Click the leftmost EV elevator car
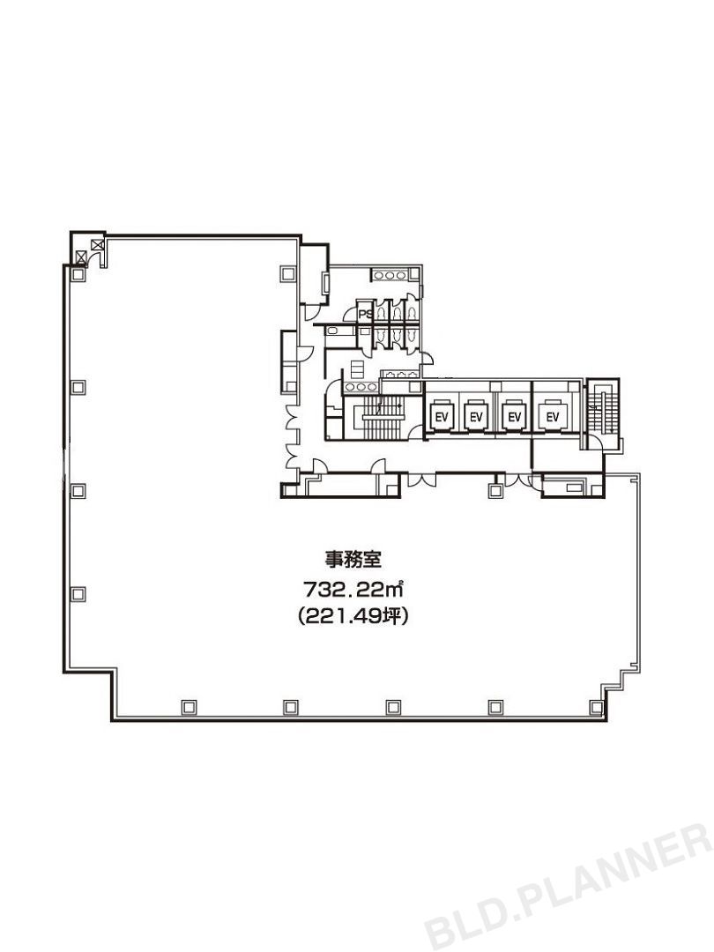pyautogui.click(x=439, y=415)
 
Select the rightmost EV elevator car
pyautogui.click(x=554, y=415)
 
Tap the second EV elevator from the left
pyautogui.click(x=476, y=415)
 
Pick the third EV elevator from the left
pyautogui.click(x=514, y=415)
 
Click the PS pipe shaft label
pyautogui.click(x=363, y=313)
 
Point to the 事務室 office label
pyautogui.click(x=350, y=558)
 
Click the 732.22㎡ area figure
pyautogui.click(x=353, y=587)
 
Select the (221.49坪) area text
pyautogui.click(x=352, y=617)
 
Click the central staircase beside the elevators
pyautogui.click(x=378, y=419)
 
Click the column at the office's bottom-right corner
pyautogui.click(x=597, y=706)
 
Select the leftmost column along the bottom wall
pyautogui.click(x=188, y=706)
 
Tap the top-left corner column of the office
pyautogui.click(x=78, y=274)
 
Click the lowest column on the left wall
pyautogui.click(x=78, y=593)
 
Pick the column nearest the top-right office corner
pyautogui.click(x=287, y=273)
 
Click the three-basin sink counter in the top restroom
pyautogui.click(x=387, y=276)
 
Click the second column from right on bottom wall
pyautogui.click(x=495, y=706)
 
